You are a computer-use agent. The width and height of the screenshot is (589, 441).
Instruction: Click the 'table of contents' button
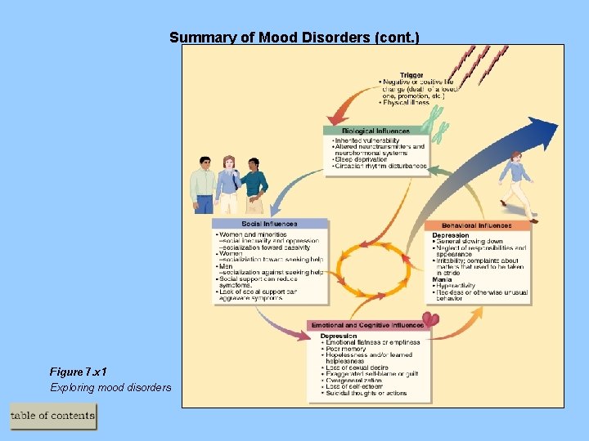click(x=53, y=416)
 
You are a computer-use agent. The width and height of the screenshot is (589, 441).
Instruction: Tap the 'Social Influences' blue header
click(x=269, y=224)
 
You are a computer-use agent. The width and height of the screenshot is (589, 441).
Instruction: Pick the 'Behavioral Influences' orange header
click(x=476, y=225)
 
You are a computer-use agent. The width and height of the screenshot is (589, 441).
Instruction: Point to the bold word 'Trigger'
click(x=411, y=76)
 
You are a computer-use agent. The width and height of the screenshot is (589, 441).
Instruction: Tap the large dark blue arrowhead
click(x=539, y=131)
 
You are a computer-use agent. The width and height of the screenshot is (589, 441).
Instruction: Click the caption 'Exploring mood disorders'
click(x=110, y=387)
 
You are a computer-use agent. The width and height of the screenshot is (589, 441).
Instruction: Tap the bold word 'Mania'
click(x=442, y=279)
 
